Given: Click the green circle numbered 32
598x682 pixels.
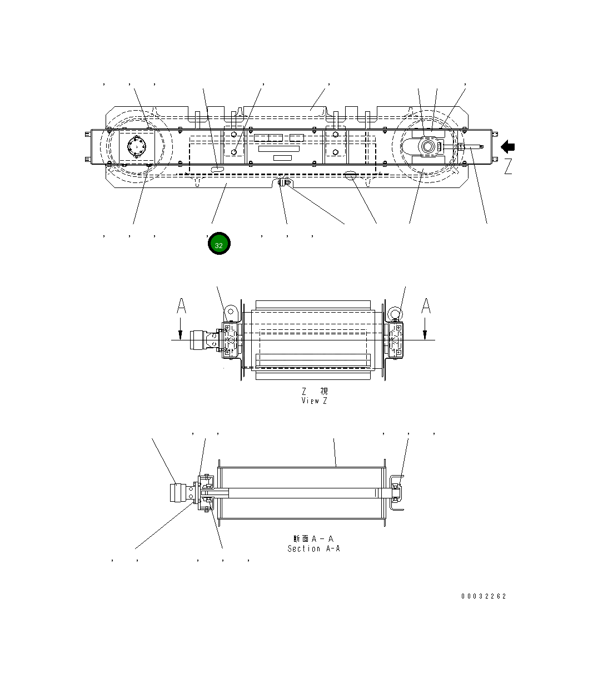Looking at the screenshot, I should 219,245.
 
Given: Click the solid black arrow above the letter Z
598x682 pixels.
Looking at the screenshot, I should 507,147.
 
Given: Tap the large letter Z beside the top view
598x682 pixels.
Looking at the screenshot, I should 508,166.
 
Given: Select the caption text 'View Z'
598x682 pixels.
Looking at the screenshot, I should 314,401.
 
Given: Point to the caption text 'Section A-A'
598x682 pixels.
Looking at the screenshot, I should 313,549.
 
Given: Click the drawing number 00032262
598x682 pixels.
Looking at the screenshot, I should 483,596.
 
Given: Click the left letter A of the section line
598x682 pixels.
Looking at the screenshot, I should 181,306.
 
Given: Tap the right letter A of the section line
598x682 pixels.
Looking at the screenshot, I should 426,306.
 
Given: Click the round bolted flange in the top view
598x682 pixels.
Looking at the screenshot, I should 136,148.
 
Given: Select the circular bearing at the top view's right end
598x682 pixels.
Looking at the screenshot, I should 428,147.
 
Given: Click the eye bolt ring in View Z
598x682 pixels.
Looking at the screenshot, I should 394,313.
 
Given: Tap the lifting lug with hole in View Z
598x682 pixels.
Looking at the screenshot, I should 232,312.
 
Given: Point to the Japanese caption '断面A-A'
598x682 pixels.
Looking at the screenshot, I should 313,538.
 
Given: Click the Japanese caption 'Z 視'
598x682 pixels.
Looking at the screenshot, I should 315,392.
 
